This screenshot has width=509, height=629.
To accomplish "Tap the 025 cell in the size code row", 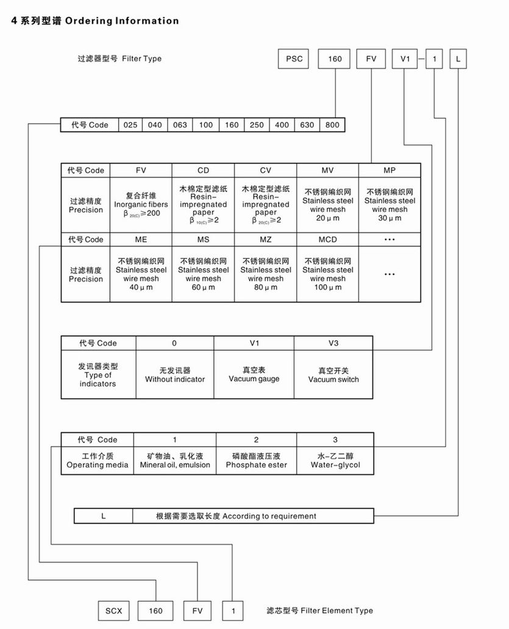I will [x=130, y=125].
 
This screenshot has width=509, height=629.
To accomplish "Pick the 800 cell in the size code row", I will [x=332, y=125].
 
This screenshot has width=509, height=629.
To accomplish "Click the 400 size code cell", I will [x=282, y=125].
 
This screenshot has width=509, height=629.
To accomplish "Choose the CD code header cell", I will [x=203, y=170].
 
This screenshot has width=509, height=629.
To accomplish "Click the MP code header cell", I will [x=390, y=170].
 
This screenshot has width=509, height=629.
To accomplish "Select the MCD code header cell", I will [x=327, y=240].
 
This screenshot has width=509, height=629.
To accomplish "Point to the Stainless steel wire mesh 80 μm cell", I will [x=265, y=274].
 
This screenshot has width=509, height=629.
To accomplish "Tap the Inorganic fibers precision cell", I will [x=141, y=205].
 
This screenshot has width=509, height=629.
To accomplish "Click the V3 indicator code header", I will [x=333, y=343].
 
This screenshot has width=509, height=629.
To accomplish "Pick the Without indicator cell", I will [x=174, y=375].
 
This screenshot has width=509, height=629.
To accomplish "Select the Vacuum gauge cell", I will [x=254, y=375].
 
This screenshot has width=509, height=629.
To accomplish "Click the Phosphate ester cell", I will [x=256, y=461].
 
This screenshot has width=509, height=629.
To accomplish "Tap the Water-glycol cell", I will [x=335, y=461].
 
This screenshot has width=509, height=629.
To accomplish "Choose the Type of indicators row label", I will [x=98, y=375].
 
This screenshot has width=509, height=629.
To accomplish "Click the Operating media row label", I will [x=98, y=461].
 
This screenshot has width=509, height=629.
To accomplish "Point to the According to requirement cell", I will [x=236, y=516].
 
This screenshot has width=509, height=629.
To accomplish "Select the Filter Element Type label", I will [x=319, y=610].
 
